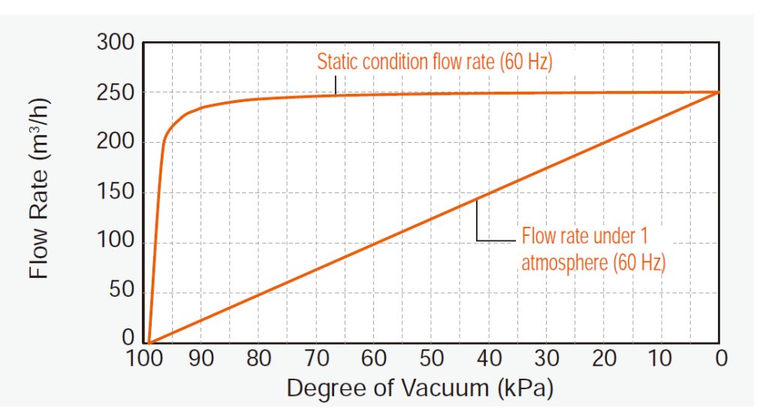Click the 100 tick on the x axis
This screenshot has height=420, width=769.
144,359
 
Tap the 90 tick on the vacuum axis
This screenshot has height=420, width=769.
201,359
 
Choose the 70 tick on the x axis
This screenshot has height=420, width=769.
316,359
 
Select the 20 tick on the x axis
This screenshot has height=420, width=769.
604,359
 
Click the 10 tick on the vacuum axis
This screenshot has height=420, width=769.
661,359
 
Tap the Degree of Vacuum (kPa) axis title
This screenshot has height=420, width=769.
420,388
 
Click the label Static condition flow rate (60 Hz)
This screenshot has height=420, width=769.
434,62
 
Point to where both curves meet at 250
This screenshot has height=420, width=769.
718,92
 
